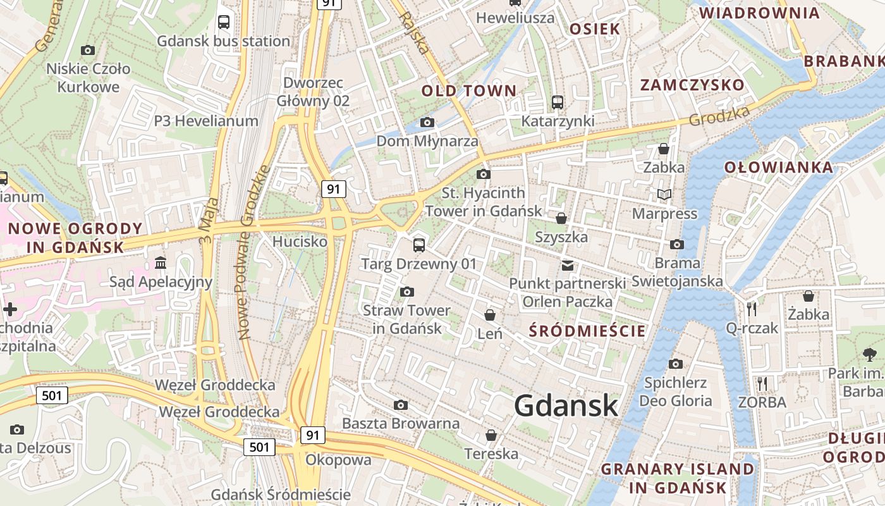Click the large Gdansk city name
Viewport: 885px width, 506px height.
[x=566, y=405]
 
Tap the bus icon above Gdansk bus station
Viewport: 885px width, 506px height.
[x=224, y=22]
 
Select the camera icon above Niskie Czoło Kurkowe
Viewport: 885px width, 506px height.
[x=88, y=50]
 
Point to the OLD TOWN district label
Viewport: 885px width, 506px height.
[x=469, y=90]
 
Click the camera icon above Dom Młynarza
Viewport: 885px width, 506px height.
[x=427, y=122]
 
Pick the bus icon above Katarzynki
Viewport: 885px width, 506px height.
[x=558, y=102]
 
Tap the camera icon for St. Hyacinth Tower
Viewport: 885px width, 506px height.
[x=484, y=174]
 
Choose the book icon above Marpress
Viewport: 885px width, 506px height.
[x=664, y=194]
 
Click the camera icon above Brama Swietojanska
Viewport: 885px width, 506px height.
[x=677, y=244]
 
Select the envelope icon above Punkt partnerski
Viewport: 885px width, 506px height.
[x=568, y=265]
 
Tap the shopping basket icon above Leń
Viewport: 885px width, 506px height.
[x=490, y=314]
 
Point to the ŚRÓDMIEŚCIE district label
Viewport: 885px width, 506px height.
[x=587, y=331]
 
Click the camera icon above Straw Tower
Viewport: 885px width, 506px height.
[x=407, y=292]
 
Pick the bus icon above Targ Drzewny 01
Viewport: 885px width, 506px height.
[x=418, y=245]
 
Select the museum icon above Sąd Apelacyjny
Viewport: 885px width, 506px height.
[x=161, y=262]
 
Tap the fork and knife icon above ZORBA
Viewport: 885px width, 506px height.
[x=762, y=383]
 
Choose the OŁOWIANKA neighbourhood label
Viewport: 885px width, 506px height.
[x=778, y=168]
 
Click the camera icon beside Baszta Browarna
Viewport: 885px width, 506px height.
[x=401, y=405]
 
